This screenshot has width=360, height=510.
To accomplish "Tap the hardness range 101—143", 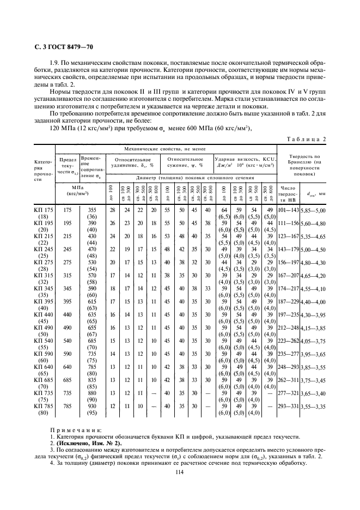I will [x=288, y=210].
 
